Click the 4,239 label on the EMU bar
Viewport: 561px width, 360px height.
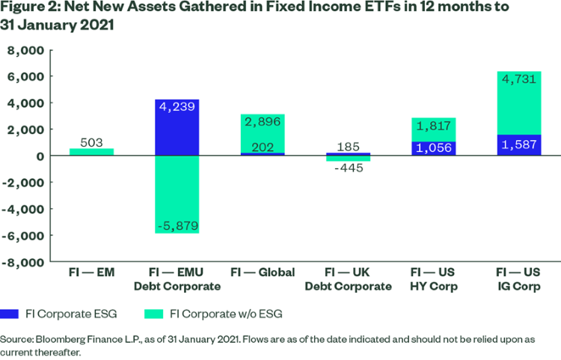pos(177,107)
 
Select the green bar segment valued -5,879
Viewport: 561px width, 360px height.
pos(177,195)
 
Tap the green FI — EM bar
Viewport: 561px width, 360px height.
pos(92,152)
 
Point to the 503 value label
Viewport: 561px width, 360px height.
pos(92,141)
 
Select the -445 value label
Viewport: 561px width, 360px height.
pos(349,168)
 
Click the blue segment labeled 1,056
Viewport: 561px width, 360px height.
pos(433,148)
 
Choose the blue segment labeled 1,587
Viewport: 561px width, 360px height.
pos(518,145)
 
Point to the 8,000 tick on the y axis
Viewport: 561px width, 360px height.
pos(28,50)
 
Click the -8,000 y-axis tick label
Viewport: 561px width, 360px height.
pos(25,262)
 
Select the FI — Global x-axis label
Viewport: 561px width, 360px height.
pos(263,272)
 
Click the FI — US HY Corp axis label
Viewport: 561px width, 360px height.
pos(433,279)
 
